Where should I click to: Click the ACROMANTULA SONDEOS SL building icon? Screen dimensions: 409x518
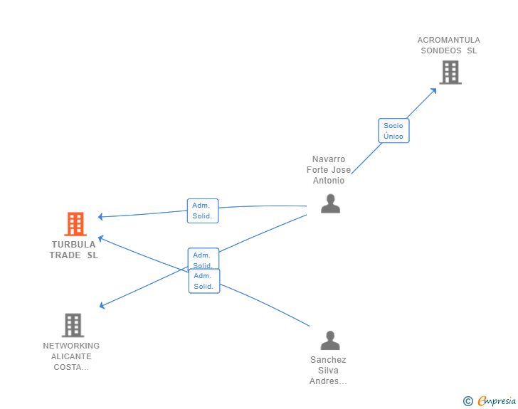[450, 73]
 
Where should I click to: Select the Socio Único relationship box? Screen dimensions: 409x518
[393, 131]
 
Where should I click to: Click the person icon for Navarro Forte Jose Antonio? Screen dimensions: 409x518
[330, 204]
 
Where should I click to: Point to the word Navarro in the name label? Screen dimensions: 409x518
[329, 159]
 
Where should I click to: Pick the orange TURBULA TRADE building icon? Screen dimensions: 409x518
[75, 224]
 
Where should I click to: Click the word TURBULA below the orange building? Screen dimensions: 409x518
[73, 245]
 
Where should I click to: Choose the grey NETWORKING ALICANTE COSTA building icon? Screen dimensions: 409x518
[73, 325]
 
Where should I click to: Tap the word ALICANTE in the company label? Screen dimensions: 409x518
[71, 356]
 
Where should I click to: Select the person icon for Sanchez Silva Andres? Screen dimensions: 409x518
[330, 341]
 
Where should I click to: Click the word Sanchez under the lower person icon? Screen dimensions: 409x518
[328, 360]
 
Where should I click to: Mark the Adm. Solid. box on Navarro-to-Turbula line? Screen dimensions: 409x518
[203, 211]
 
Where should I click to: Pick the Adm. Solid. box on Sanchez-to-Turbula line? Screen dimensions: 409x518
[204, 281]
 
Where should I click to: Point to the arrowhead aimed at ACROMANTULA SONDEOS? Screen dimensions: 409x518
[433, 90]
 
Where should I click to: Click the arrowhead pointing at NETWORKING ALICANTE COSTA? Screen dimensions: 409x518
[102, 306]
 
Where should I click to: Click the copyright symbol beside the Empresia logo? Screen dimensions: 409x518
[468, 402]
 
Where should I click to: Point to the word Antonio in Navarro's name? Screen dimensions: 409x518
[329, 181]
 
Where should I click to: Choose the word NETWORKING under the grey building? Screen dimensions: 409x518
[71, 346]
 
